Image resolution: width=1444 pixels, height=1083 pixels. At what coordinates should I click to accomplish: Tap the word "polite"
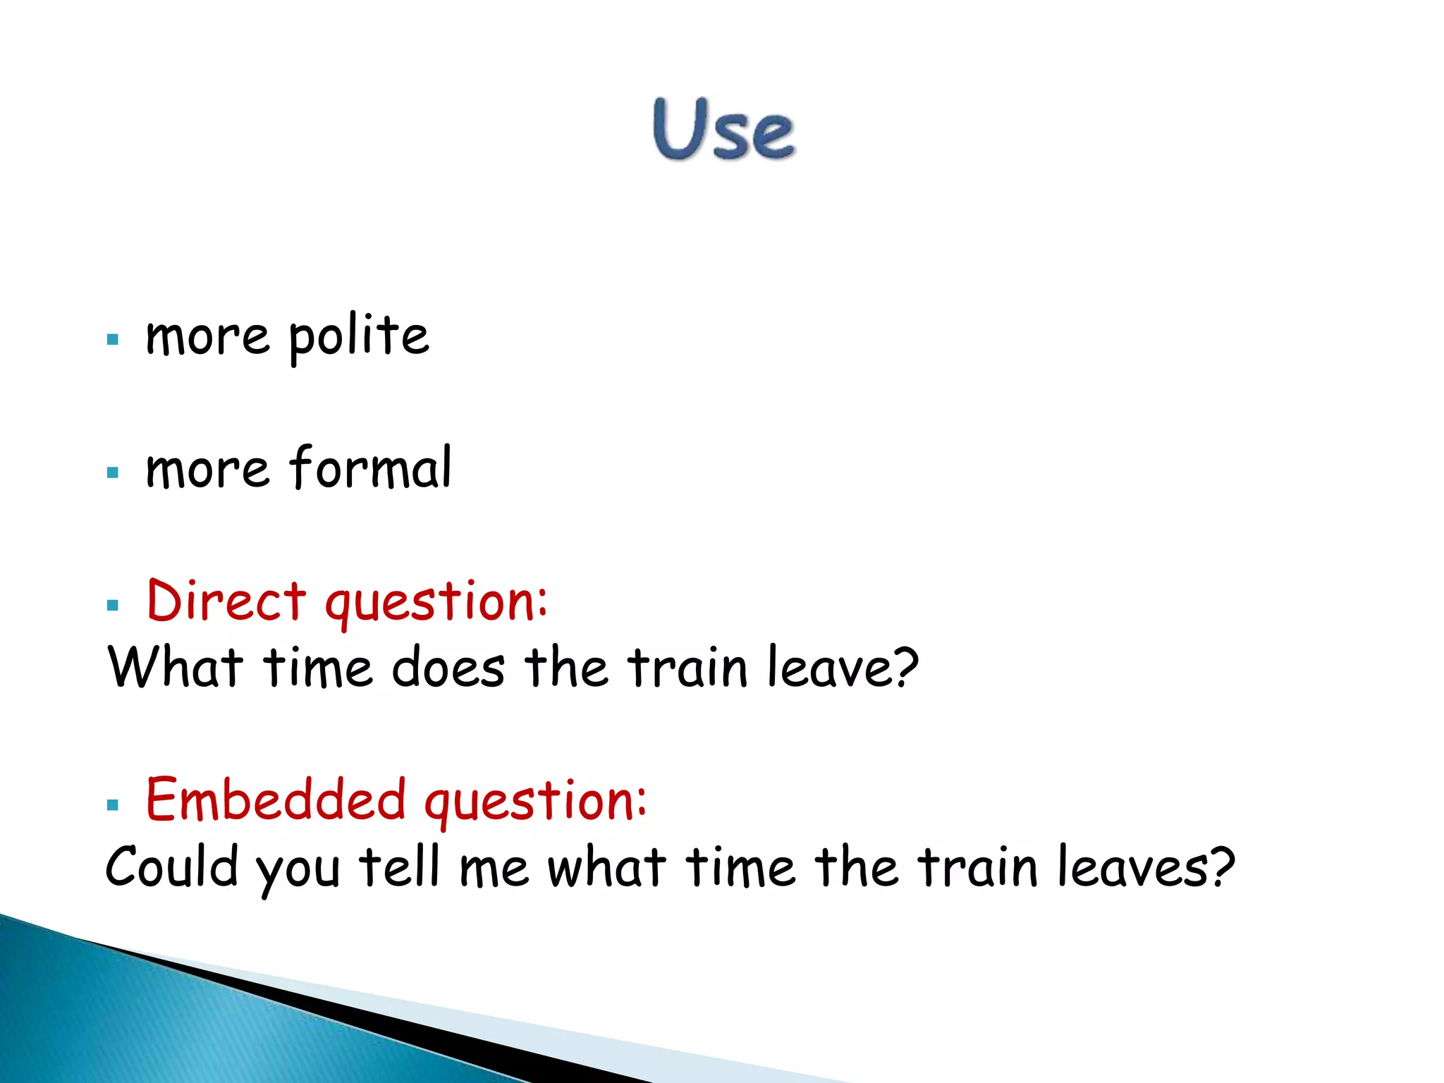click(358, 336)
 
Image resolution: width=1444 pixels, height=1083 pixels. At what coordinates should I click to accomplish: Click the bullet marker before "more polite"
click(113, 340)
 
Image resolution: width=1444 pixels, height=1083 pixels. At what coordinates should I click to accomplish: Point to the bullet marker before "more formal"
click(113, 472)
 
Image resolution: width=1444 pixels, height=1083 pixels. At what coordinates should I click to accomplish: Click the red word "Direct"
click(226, 601)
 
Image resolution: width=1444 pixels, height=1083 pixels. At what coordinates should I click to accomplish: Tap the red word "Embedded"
click(276, 800)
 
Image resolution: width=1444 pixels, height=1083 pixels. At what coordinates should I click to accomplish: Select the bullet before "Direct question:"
click(113, 605)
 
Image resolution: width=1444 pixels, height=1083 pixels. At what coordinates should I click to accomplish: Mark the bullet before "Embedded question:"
click(113, 804)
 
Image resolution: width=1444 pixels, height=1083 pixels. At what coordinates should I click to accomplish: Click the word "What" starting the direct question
click(176, 667)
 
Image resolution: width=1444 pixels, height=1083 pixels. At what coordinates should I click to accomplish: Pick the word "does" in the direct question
click(448, 667)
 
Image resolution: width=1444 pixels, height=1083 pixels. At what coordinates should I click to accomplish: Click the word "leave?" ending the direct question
click(843, 667)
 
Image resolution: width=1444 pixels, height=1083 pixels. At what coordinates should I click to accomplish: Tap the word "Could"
click(172, 867)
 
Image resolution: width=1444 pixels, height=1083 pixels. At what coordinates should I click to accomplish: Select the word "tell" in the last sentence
click(400, 867)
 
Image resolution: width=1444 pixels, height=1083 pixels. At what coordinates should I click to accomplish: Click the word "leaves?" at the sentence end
click(1146, 867)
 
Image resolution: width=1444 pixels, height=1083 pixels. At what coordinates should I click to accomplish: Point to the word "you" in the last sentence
click(298, 871)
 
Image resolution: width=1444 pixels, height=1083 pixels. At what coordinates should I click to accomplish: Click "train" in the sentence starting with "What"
click(687, 667)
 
